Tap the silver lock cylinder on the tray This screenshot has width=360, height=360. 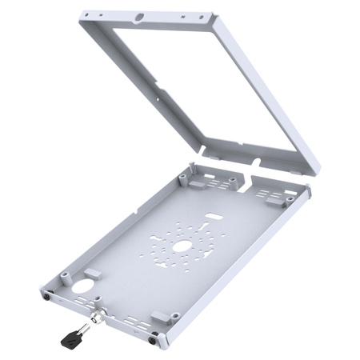pyautogui.click(x=97, y=317)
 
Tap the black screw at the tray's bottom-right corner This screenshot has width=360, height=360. pyautogui.click(x=154, y=334)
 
